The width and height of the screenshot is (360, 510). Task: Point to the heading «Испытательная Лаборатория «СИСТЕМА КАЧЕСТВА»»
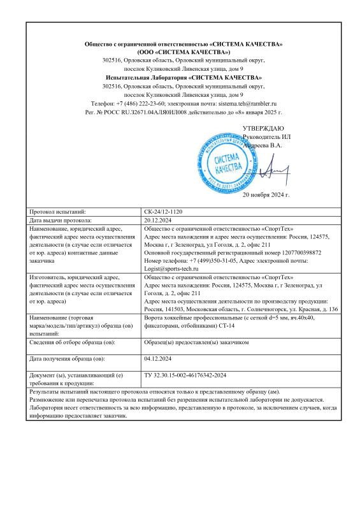click(184, 76)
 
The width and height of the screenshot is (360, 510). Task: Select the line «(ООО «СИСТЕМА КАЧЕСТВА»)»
click(184, 51)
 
